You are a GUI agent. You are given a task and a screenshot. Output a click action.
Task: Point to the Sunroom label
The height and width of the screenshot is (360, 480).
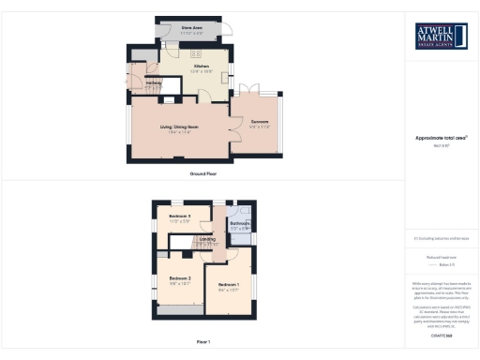click(x=260, y=122)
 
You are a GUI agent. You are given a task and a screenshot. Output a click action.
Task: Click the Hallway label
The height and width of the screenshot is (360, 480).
click(x=155, y=84)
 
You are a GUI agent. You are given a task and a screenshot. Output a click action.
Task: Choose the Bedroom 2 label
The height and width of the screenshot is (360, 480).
click(x=180, y=278)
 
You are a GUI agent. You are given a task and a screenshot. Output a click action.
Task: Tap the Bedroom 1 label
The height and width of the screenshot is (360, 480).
click(x=229, y=285)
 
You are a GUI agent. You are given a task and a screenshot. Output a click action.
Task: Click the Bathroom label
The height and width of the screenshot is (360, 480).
click(x=240, y=223)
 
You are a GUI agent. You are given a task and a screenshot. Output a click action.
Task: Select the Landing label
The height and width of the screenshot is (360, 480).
click(x=207, y=239)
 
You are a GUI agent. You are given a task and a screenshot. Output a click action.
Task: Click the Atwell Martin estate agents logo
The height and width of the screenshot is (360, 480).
click(x=441, y=36)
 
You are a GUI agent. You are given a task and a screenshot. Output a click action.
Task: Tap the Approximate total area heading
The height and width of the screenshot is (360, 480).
click(x=441, y=138)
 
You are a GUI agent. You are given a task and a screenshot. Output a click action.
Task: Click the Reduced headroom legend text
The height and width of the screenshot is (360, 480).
click(x=441, y=256)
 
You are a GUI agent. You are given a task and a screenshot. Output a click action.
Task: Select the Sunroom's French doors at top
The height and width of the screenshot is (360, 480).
click(x=253, y=92)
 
